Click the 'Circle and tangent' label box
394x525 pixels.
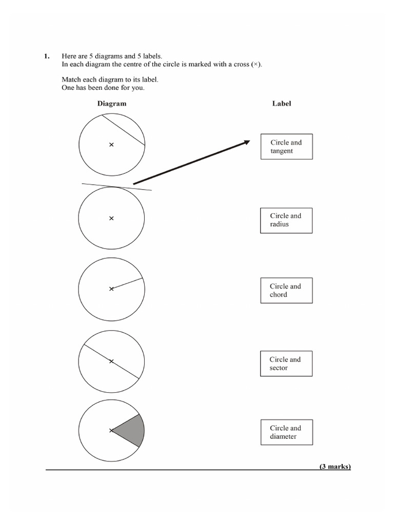(x=286, y=147)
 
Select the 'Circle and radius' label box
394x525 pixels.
(x=286, y=220)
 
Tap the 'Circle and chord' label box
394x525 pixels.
(x=286, y=291)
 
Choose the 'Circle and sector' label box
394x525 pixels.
(x=286, y=364)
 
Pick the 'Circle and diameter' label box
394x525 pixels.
(x=286, y=432)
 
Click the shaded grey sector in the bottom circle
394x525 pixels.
(x=131, y=430)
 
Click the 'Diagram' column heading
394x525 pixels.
(x=112, y=104)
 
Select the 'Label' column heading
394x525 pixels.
(x=282, y=104)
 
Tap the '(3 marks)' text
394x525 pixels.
(x=335, y=467)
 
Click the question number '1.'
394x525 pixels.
(x=46, y=55)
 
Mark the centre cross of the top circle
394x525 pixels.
(x=111, y=145)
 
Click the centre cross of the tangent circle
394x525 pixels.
(x=111, y=218)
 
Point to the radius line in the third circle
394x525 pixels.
(x=127, y=284)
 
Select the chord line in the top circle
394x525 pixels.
(x=123, y=129)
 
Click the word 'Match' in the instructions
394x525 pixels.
(x=71, y=80)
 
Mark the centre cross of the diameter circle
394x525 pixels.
(x=111, y=361)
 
